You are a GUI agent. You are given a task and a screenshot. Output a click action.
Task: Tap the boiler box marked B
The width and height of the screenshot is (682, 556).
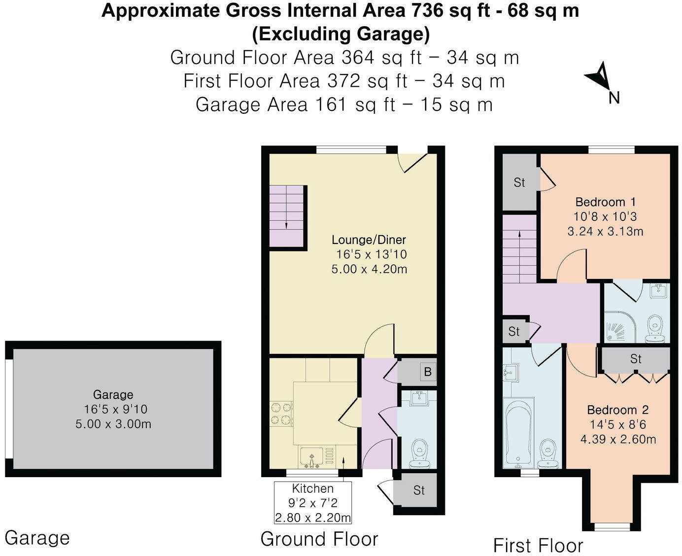pos(427,372)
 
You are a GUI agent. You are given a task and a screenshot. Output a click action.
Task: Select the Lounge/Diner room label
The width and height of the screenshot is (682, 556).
pos(369,240)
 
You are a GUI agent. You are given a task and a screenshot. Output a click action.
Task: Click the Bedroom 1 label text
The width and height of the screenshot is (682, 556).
pos(605,202)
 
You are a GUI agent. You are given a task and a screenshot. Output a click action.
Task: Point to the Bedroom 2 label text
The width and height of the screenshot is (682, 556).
pos(617,410)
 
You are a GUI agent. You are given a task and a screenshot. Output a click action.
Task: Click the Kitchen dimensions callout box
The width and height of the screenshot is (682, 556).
pos(313,503)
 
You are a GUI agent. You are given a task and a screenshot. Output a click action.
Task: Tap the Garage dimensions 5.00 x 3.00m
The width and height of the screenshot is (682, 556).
pos(113,424)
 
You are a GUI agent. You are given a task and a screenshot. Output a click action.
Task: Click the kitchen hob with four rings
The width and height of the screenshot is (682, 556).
pos(281,414)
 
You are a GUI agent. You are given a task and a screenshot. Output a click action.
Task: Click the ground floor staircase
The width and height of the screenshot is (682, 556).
pos(288,217)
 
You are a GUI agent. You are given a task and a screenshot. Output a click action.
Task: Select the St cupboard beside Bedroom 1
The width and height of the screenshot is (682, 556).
pos(519,182)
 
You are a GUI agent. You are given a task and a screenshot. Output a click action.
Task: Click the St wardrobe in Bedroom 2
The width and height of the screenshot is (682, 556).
pos(635,359)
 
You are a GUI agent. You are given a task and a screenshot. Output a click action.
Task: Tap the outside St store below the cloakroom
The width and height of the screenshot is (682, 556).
pos(419,490)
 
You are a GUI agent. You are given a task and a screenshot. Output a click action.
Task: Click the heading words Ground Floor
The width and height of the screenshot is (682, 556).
pos(319,539)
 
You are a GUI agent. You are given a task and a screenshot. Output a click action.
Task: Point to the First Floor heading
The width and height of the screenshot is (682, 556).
pos(538,546)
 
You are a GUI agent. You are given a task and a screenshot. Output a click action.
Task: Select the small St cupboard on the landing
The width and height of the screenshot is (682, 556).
pos(514,331)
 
